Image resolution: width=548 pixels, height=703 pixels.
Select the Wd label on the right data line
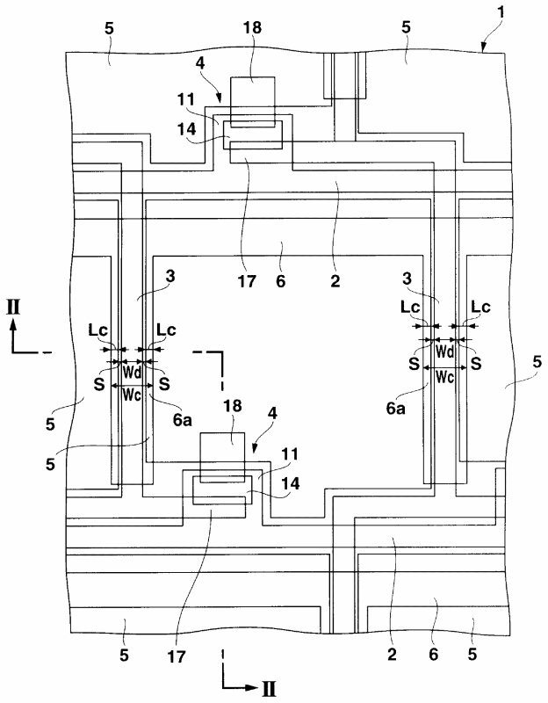click(x=444, y=351)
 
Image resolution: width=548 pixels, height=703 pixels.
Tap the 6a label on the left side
click(x=182, y=421)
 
